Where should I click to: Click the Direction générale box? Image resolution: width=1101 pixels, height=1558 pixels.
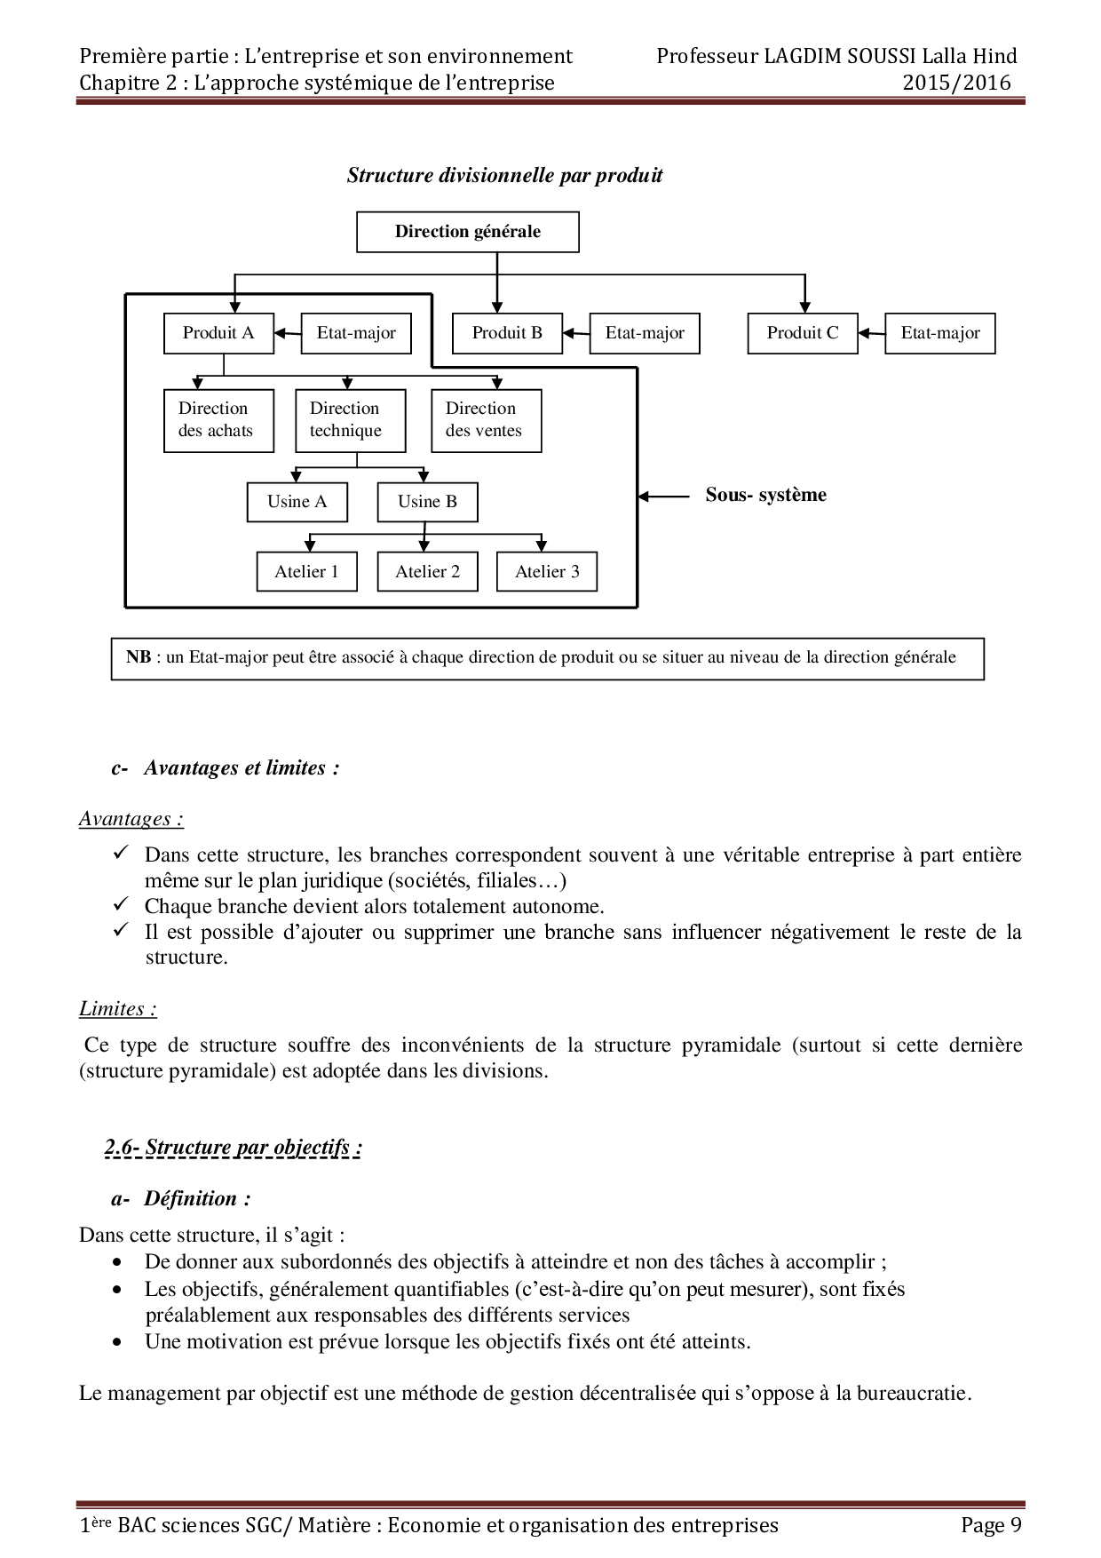pyautogui.click(x=467, y=232)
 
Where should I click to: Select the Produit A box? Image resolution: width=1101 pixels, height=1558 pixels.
pyautogui.click(x=218, y=333)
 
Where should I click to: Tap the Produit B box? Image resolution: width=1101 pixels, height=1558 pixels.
pyautogui.click(x=507, y=333)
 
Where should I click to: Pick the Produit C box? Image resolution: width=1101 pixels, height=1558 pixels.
pyautogui.click(x=803, y=333)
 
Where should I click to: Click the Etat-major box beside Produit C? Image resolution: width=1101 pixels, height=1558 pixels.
pyautogui.click(x=940, y=333)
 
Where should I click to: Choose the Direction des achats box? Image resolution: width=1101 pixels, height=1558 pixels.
pyautogui.click(x=216, y=420)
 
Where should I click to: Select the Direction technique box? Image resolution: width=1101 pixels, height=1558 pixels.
pyautogui.click(x=350, y=420)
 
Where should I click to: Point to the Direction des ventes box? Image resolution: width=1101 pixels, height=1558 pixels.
pyautogui.click(x=486, y=420)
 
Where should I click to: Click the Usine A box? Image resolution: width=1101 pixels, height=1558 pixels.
pyautogui.click(x=297, y=502)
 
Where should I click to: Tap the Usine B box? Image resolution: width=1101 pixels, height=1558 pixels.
pyautogui.click(x=428, y=502)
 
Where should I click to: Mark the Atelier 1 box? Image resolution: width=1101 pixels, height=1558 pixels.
pyautogui.click(x=307, y=572)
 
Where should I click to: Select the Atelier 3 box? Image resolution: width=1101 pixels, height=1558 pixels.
pyautogui.click(x=547, y=572)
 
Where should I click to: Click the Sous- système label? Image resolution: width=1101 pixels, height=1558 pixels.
pyautogui.click(x=765, y=495)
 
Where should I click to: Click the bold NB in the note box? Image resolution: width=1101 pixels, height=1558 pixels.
pyautogui.click(x=138, y=657)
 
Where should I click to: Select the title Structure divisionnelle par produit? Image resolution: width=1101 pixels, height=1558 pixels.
pyautogui.click(x=504, y=175)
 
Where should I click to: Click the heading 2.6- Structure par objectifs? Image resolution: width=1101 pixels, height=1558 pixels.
pyautogui.click(x=233, y=1148)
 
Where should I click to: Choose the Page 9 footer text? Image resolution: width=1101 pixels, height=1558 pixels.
pyautogui.click(x=990, y=1525)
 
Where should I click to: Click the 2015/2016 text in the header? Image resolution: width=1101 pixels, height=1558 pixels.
pyautogui.click(x=956, y=83)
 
